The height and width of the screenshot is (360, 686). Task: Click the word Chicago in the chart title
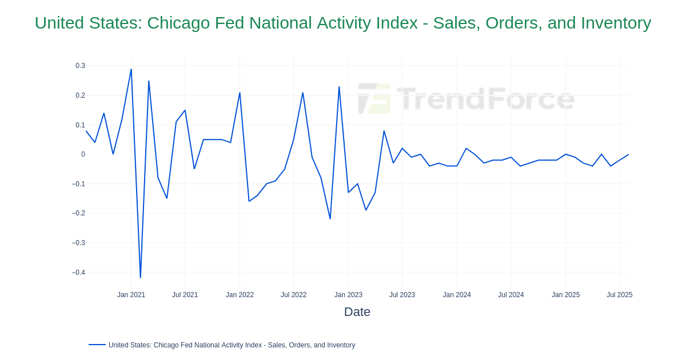pyautogui.click(x=179, y=23)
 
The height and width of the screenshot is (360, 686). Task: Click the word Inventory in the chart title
pyautogui.click(x=616, y=23)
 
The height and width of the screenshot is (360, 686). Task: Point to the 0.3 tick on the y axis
pyautogui.click(x=80, y=66)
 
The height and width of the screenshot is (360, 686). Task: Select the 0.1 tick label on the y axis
pyautogui.click(x=80, y=125)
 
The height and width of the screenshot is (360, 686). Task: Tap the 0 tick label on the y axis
pyautogui.click(x=83, y=154)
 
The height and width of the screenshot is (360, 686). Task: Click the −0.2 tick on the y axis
pyautogui.click(x=78, y=213)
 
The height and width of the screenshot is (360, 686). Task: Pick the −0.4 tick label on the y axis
pyautogui.click(x=78, y=273)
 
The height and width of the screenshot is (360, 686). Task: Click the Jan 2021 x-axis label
pyautogui.click(x=131, y=295)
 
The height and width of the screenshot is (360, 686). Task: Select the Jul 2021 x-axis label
pyautogui.click(x=185, y=295)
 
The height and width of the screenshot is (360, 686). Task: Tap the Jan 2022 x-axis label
pyautogui.click(x=240, y=295)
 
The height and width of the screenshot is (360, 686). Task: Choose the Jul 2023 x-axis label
pyautogui.click(x=402, y=295)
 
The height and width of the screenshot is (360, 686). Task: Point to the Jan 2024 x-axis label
pyautogui.click(x=457, y=295)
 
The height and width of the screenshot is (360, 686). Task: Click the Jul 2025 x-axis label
pyautogui.click(x=619, y=295)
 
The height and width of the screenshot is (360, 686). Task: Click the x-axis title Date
pyautogui.click(x=357, y=312)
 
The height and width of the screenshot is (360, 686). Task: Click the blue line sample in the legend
pyautogui.click(x=97, y=345)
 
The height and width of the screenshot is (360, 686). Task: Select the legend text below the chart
pyautogui.click(x=232, y=345)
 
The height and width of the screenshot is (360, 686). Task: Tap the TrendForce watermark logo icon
pyautogui.click(x=374, y=98)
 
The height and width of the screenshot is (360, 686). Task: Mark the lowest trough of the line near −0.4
pyautogui.click(x=140, y=278)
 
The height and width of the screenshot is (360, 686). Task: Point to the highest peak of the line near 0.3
pyautogui.click(x=131, y=70)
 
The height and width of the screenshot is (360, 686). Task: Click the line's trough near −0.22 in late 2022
pyautogui.click(x=330, y=219)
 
